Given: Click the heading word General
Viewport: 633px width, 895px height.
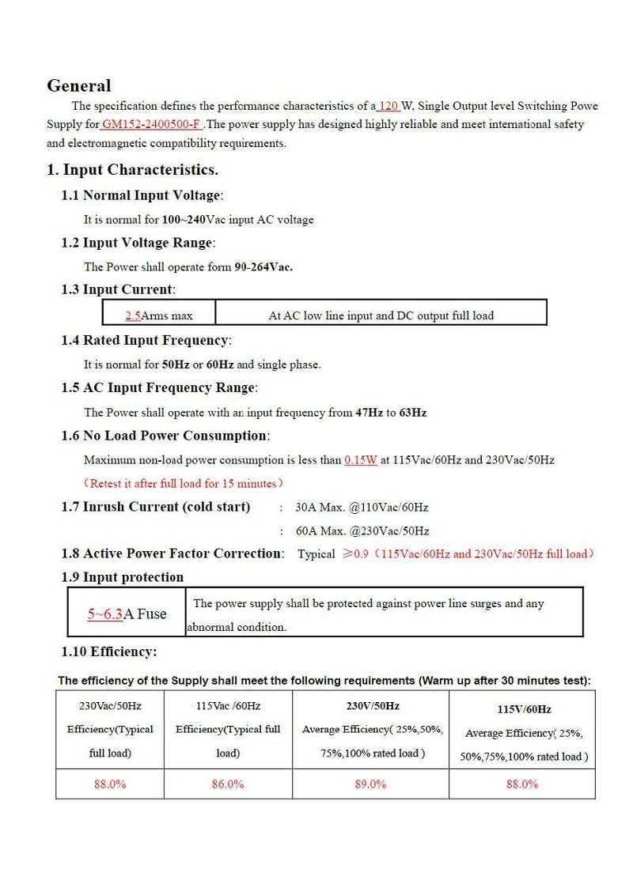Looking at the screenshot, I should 78,85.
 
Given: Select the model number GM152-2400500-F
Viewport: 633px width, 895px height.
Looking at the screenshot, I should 151,124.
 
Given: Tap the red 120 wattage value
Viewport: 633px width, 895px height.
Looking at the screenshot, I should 389,105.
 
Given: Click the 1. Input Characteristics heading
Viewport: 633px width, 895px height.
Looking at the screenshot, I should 132,169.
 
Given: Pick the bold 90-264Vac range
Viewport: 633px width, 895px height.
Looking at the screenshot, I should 263,266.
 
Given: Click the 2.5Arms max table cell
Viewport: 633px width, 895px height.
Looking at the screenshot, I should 159,315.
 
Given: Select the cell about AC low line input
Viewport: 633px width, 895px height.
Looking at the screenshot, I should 381,315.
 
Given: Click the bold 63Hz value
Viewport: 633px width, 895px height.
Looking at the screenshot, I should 412,412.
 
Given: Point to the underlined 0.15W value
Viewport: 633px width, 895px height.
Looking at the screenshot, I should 360,459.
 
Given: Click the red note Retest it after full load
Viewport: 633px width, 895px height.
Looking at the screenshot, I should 184,483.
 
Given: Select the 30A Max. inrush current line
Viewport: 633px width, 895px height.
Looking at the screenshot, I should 361,507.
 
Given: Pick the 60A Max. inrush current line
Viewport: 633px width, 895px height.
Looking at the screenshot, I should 362,531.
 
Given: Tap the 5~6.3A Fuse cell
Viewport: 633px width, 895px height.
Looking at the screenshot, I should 127,614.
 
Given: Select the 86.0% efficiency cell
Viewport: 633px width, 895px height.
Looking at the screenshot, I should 228,784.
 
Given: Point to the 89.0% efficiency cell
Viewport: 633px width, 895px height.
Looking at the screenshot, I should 370,784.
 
